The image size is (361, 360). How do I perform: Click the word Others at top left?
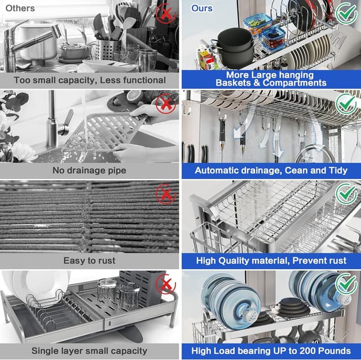click(20, 8)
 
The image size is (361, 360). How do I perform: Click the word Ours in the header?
click(202, 8)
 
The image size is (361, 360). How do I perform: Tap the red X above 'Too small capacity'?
click(165, 12)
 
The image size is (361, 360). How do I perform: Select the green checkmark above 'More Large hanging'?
click(346, 12)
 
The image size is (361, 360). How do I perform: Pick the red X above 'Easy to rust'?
click(165, 194)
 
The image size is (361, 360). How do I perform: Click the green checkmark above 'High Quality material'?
click(346, 194)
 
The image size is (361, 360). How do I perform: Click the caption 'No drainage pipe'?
click(90, 170)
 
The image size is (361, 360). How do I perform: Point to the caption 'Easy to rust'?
click(90, 260)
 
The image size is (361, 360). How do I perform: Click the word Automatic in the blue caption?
click(220, 170)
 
